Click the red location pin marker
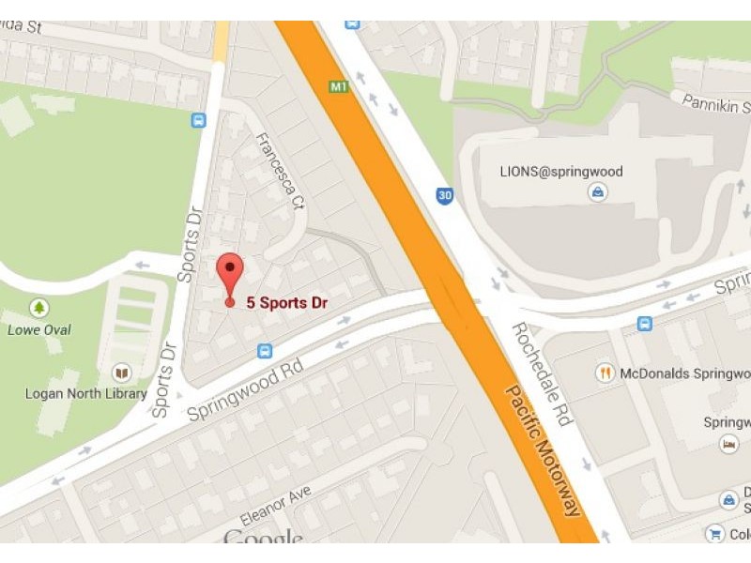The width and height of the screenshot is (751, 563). [230, 276]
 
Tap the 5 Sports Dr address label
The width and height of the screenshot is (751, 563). [286, 303]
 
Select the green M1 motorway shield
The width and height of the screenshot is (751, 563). [339, 87]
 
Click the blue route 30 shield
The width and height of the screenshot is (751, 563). [445, 195]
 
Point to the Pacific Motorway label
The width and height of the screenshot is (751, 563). [543, 449]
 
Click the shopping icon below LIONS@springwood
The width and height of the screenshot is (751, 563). [596, 192]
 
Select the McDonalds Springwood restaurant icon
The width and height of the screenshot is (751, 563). [605, 373]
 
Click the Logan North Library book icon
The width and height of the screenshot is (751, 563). [120, 373]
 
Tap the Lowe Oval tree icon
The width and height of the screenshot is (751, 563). [39, 308]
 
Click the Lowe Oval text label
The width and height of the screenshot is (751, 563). [39, 329]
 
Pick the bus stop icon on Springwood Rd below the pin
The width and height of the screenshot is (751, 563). [265, 351]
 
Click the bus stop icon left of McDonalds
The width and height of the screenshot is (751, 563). [644, 323]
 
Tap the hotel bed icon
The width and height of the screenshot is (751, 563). [728, 443]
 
